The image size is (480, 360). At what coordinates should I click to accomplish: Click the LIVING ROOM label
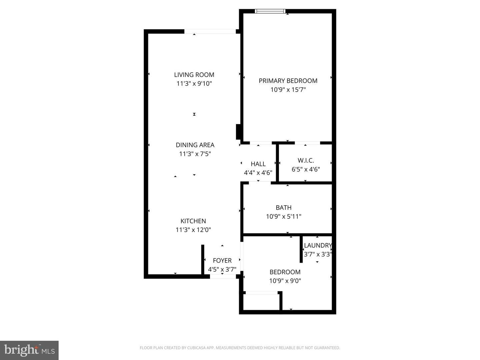pyautogui.click(x=194, y=75)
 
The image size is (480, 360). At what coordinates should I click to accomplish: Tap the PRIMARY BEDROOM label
pyautogui.click(x=288, y=81)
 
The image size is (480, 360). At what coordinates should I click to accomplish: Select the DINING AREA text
pyautogui.click(x=195, y=145)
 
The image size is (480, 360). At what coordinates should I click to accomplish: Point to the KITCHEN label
pyautogui.click(x=193, y=221)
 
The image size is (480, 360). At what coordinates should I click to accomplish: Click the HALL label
pyautogui.click(x=258, y=164)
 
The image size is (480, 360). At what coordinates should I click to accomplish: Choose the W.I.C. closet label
pyautogui.click(x=306, y=160)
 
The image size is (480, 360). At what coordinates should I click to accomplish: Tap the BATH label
pyautogui.click(x=283, y=208)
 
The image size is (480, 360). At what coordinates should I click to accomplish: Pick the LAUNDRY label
pyautogui.click(x=318, y=245)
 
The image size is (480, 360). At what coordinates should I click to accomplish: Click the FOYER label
pyautogui.click(x=222, y=261)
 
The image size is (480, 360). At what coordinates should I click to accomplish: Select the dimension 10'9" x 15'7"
pyautogui.click(x=288, y=90)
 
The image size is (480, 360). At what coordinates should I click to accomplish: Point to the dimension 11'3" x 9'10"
pyautogui.click(x=194, y=84)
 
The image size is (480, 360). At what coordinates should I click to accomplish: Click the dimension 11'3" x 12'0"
pyautogui.click(x=193, y=230)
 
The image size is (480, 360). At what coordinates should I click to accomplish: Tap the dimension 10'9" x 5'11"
pyautogui.click(x=283, y=216)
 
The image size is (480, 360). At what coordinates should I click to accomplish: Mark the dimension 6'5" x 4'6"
pyautogui.click(x=306, y=169)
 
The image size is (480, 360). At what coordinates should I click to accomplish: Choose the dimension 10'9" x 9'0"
pyautogui.click(x=285, y=281)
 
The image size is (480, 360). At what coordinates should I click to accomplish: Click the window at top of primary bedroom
pyautogui.click(x=270, y=11)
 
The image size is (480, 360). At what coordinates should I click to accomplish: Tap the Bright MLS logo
pyautogui.click(x=29, y=350)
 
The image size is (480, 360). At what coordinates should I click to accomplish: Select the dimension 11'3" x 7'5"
pyautogui.click(x=195, y=154)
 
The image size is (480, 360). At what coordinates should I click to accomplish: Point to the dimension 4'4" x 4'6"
pyautogui.click(x=258, y=173)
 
